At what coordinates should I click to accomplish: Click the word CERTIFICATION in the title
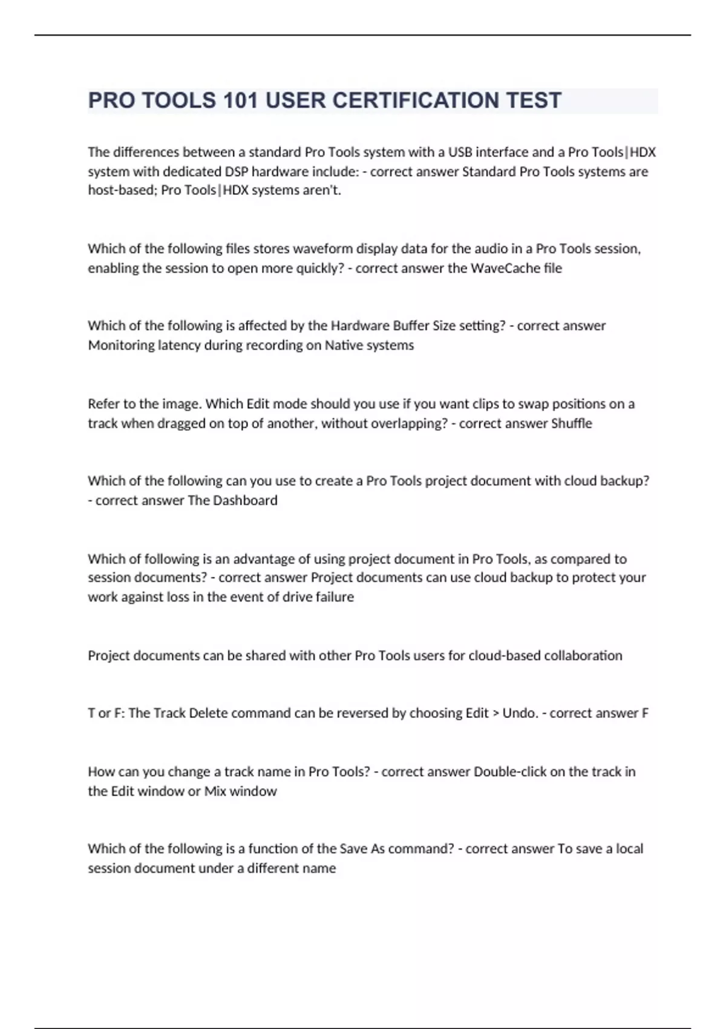412,100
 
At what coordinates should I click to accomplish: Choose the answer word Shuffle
571,423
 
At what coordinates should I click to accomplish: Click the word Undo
519,713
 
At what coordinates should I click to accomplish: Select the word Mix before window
215,791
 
